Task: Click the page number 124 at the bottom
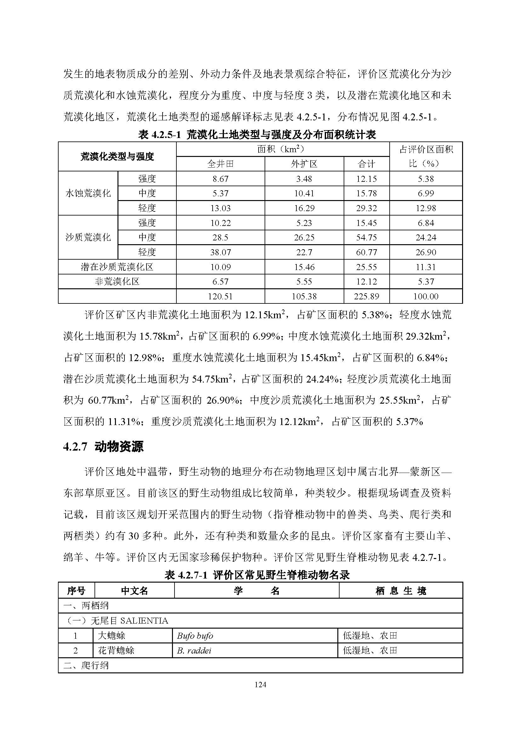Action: [x=260, y=685]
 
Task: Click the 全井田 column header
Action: [x=220, y=164]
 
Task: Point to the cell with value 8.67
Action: [x=220, y=179]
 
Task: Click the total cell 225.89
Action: [x=366, y=296]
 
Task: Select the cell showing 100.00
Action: [x=426, y=296]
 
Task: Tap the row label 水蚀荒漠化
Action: [x=88, y=193]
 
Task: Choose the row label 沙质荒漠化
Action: [x=88, y=238]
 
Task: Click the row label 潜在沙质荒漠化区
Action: [x=117, y=267]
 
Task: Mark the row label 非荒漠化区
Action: [x=117, y=282]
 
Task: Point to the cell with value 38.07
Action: [x=220, y=252]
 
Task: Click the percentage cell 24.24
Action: [x=426, y=238]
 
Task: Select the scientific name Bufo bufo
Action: [x=195, y=636]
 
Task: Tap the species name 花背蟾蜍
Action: [x=116, y=651]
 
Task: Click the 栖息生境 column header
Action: [x=401, y=591]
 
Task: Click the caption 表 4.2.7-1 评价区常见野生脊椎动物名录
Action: [x=257, y=575]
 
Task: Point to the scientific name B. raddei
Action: [x=194, y=651]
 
